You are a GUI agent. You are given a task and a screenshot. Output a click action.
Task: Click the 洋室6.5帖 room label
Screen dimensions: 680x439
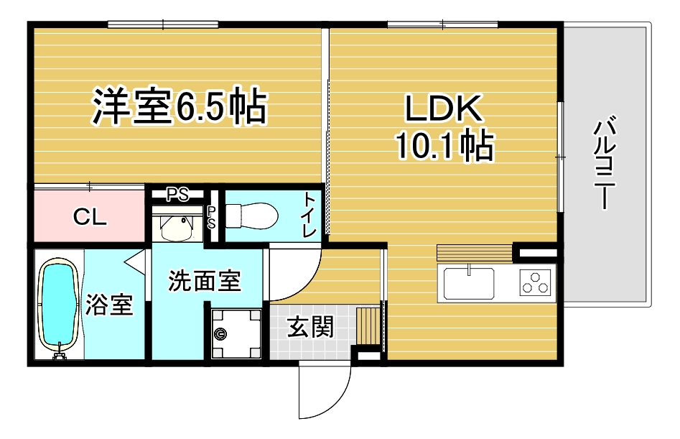[x=179, y=106]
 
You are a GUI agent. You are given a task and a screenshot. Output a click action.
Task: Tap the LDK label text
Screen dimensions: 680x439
[x=443, y=108]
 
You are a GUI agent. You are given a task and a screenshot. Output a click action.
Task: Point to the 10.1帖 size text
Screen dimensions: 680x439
[x=444, y=145]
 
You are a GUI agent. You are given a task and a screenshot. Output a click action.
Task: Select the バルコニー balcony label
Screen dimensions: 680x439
[x=605, y=162]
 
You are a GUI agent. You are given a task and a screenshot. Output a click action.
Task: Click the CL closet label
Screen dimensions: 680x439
[x=90, y=216]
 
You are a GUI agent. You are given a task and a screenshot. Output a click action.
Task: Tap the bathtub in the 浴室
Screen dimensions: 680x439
[x=59, y=306]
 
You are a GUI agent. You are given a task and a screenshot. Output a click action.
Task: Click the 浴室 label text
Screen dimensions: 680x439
[x=109, y=304]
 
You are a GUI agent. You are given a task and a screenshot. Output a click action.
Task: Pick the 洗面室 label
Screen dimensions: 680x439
[x=204, y=281]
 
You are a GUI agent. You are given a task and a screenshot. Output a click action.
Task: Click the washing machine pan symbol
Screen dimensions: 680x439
[x=236, y=333]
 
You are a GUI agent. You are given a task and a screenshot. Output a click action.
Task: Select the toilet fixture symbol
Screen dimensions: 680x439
[x=251, y=215]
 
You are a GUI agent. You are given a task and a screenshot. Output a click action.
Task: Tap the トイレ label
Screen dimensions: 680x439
[x=309, y=214]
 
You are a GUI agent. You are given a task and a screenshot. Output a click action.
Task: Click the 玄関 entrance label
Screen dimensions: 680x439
[x=310, y=327]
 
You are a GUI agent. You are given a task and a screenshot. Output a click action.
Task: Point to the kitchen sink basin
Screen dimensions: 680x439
[x=469, y=283]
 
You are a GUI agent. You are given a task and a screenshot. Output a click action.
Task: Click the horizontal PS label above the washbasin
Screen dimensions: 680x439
[x=178, y=195]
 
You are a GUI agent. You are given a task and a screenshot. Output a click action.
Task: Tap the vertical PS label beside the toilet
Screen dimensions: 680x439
[x=211, y=217]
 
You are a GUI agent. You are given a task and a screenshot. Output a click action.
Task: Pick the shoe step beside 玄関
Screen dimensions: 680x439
[x=368, y=325]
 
